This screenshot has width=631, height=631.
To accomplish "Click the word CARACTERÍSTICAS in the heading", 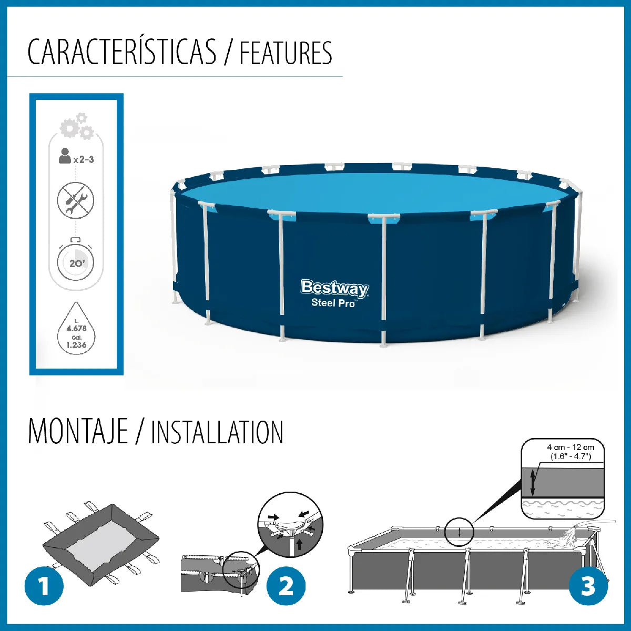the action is [x=121, y=52].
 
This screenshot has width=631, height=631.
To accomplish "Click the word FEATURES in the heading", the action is [x=286, y=53].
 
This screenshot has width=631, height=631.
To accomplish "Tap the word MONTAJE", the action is [x=78, y=432].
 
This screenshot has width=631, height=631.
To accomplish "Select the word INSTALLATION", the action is [x=217, y=432].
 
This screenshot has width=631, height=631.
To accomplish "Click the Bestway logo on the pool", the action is [x=334, y=288].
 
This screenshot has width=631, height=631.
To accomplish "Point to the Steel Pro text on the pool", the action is [x=333, y=303].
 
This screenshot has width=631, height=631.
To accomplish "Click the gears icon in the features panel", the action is [x=77, y=126].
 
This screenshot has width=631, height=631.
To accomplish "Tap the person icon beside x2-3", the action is [x=65, y=156].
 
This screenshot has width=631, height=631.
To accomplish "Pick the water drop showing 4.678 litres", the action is [x=76, y=329].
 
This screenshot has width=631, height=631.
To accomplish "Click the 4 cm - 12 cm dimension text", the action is [x=571, y=447].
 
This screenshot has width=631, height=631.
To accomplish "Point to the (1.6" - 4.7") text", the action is [x=571, y=457].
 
